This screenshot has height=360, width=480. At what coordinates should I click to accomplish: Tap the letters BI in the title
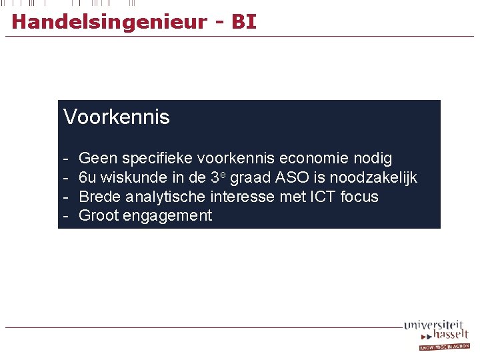tap(243, 22)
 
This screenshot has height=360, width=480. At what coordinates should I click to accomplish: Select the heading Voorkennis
tap(117, 117)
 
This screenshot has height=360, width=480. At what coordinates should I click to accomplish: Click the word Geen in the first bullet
tap(97, 159)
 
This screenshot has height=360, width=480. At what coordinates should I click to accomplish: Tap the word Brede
tap(99, 197)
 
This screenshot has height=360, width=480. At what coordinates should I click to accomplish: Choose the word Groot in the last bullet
tap(99, 215)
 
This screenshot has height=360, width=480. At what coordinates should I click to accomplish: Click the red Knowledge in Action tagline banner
tap(444, 347)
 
